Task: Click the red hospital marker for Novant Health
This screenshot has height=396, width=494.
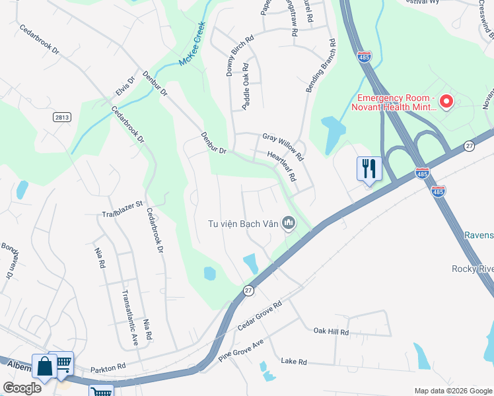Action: pyautogui.click(x=446, y=102)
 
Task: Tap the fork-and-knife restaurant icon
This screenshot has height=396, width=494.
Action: pyautogui.click(x=369, y=168)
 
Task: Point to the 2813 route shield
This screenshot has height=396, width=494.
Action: pyautogui.click(x=62, y=116)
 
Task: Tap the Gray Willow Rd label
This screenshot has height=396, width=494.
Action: pyautogui.click(x=282, y=147)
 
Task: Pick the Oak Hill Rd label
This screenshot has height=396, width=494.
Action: pyautogui.click(x=331, y=331)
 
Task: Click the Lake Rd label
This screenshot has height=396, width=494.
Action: pyautogui.click(x=294, y=362)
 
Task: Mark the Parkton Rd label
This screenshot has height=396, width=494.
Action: pyautogui.click(x=108, y=367)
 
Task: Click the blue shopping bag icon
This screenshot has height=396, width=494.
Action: pyautogui.click(x=44, y=366)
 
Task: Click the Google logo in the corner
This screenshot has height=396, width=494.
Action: pyautogui.click(x=22, y=388)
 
